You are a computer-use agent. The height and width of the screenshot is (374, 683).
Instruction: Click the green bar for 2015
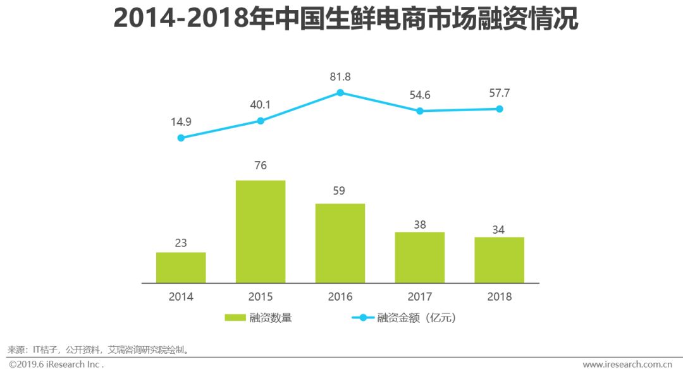coord(261,231)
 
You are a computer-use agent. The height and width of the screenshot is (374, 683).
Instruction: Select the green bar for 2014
coord(181,267)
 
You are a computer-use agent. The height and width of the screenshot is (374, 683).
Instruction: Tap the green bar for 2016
coord(340,243)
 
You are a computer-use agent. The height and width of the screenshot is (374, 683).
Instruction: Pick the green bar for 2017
coord(420,257)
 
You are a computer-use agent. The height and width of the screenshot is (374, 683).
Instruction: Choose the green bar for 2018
coord(500,260)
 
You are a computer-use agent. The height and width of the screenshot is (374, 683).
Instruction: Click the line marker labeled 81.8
coord(340,92)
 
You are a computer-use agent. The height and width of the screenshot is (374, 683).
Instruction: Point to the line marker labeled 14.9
coord(181,138)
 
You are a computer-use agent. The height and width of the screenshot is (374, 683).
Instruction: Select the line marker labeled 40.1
coord(261,121)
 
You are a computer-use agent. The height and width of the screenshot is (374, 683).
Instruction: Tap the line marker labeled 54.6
coord(420,111)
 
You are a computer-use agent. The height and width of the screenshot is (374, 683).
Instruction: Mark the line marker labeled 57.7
coord(500,109)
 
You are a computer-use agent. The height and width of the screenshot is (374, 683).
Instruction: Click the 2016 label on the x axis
coord(340,296)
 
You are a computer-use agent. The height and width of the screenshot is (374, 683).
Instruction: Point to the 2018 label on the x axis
coord(500,296)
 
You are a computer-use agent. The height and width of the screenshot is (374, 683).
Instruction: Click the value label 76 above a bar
coord(261,166)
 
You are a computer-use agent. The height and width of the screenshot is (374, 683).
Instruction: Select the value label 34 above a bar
coord(500,230)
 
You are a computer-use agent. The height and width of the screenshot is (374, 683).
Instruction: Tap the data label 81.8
coord(340,77)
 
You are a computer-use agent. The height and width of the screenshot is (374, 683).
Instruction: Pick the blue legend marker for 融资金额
coord(363,318)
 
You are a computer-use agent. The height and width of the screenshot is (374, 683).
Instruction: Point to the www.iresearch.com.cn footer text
coord(627,365)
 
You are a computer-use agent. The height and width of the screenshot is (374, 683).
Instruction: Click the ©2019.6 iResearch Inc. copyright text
coord(56,365)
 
